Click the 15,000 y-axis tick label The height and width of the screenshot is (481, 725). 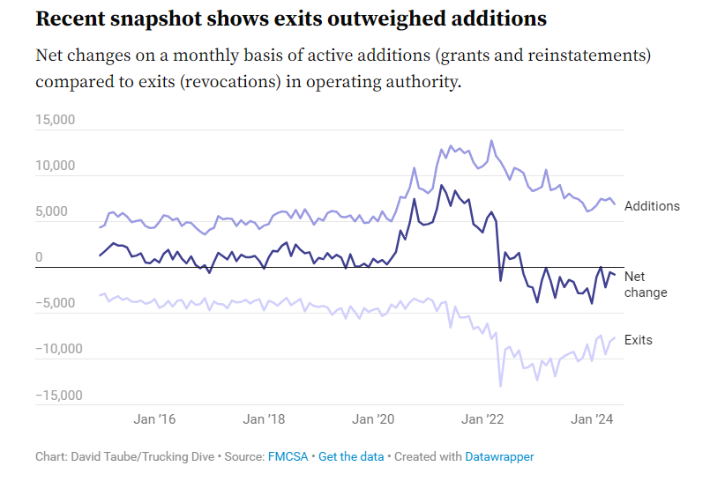tap(55, 120)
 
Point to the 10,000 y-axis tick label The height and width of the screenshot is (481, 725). tap(55, 166)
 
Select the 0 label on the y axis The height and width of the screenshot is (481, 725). tap(39, 258)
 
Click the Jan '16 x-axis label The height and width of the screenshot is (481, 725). tap(154, 419)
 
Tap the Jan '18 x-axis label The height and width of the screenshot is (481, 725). tap(264, 419)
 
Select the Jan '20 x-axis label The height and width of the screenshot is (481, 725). tap(374, 419)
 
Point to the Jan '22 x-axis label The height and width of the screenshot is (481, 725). tap(484, 419)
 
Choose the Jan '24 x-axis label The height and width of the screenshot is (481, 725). tap(594, 419)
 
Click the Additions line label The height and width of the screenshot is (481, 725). tap(652, 206)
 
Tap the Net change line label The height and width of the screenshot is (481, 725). tap(645, 285)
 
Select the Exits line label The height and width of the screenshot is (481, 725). tap(639, 339)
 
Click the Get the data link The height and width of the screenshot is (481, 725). tap(351, 456)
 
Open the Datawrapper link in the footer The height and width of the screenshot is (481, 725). tap(500, 456)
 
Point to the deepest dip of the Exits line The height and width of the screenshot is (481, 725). tap(501, 386)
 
